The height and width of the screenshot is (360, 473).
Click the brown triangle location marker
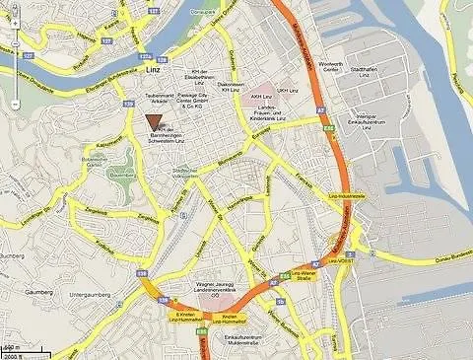coord(154,121)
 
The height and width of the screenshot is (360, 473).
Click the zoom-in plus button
coord(17,48)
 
